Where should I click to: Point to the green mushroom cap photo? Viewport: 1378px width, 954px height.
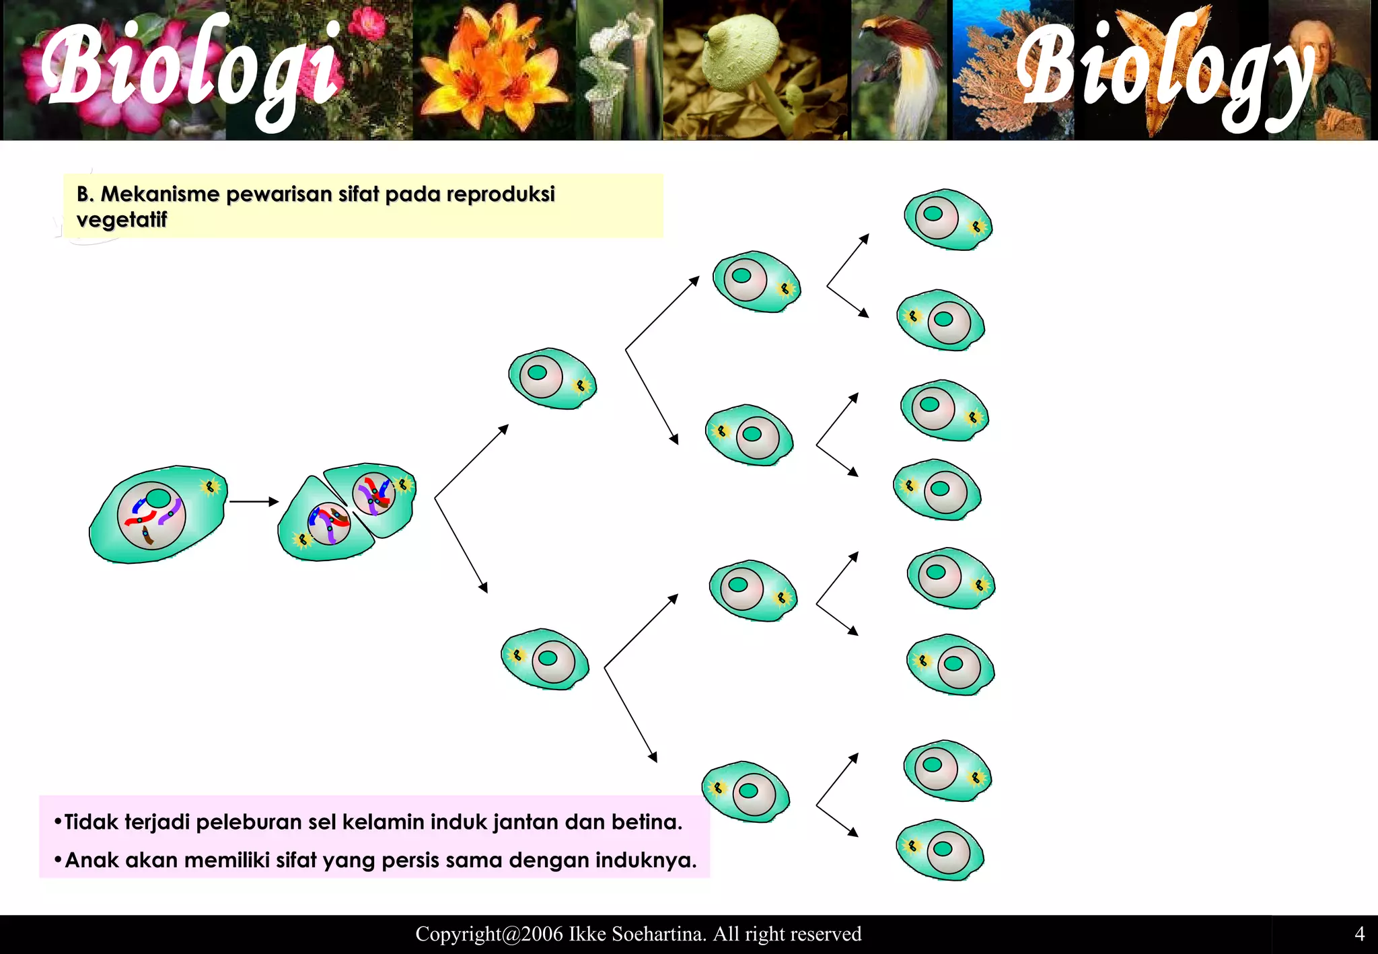[x=740, y=54]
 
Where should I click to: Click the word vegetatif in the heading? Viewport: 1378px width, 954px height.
[x=121, y=220]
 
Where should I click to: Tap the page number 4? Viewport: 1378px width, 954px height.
[x=1359, y=934]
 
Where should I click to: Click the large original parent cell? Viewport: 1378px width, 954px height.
[x=158, y=515]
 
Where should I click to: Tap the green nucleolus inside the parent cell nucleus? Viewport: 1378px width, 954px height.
[x=158, y=499]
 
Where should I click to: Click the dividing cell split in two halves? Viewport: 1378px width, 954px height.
[x=347, y=511]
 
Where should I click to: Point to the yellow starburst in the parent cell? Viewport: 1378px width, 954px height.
[x=211, y=486]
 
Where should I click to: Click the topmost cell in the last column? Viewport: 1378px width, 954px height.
[x=947, y=220]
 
